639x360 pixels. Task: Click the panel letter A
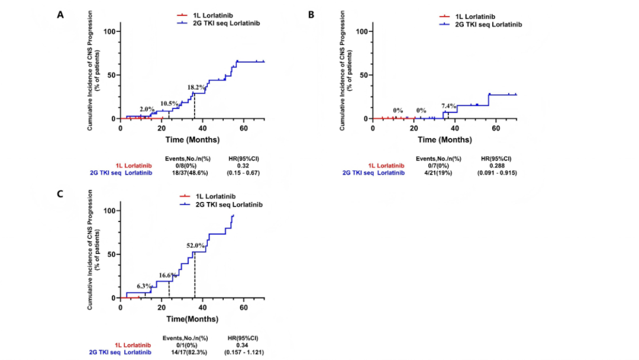click(x=60, y=14)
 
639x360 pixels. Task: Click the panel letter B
click(x=311, y=14)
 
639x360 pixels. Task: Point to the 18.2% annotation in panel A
click(x=197, y=88)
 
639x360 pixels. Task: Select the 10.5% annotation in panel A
click(x=169, y=104)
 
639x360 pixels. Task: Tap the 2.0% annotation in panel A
click(x=147, y=110)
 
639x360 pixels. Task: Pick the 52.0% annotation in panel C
click(x=195, y=245)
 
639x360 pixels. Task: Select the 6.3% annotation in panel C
click(x=144, y=286)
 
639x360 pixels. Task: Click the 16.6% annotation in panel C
click(x=167, y=275)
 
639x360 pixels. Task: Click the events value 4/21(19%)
click(x=438, y=173)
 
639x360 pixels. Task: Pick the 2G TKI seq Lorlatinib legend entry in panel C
click(x=228, y=204)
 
